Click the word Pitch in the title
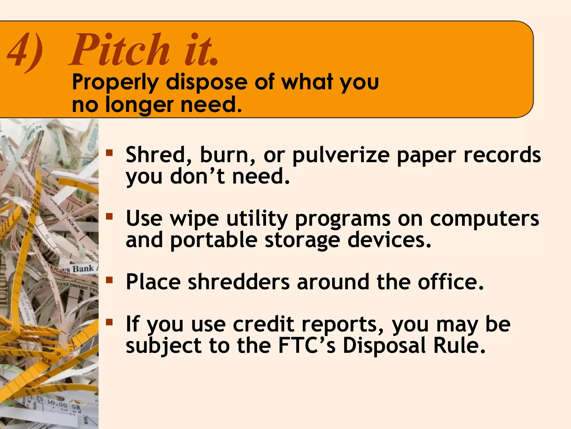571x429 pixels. click(120, 50)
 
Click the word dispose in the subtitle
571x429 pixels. click(206, 82)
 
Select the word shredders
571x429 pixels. click(239, 282)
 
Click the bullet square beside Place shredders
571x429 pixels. click(109, 280)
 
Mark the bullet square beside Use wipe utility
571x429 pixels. click(109, 216)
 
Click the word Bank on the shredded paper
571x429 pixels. click(83, 269)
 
